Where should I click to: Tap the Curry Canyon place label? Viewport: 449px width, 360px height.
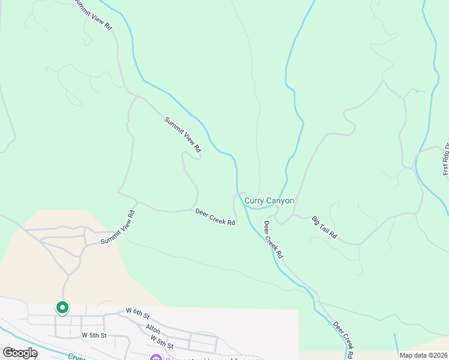coord(268,200)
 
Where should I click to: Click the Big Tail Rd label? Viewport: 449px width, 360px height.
coord(325,229)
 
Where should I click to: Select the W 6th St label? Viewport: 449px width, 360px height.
coord(137,311)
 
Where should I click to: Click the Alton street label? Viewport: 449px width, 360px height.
coord(153,329)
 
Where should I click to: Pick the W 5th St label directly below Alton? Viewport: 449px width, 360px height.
coord(162,343)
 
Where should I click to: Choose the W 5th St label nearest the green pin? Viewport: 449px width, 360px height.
coord(94,335)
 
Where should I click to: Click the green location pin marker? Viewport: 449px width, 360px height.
coord(62,308)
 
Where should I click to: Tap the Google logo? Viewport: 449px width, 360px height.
coord(20,353)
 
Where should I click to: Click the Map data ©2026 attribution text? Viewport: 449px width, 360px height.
coord(423,355)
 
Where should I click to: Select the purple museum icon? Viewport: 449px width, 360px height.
coord(156,358)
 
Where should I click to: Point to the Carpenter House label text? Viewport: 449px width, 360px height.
coord(204,358)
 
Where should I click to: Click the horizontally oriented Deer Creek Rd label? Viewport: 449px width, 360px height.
coord(215,217)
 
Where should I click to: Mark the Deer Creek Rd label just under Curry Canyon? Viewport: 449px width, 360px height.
coord(273,239)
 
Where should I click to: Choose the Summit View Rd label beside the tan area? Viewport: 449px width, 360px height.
coord(118,227)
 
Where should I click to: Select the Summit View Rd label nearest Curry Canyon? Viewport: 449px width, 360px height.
coord(182,134)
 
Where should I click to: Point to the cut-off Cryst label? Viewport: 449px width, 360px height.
coord(76,356)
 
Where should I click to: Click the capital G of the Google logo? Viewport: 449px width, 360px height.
coord(8,353)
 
